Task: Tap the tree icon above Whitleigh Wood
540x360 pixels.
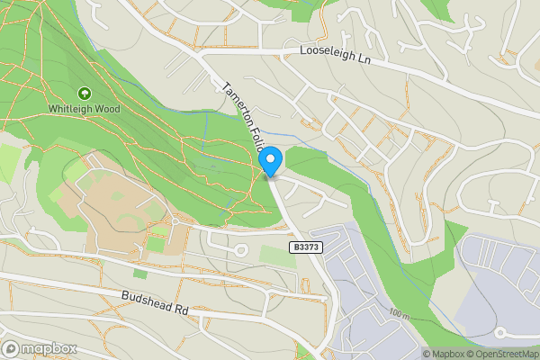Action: (85, 93)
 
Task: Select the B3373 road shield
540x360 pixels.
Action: (306, 246)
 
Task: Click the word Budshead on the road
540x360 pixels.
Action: (147, 300)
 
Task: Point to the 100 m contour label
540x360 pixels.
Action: (400, 315)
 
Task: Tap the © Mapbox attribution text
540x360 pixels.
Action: (444, 354)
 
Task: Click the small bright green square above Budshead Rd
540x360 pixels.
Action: (139, 273)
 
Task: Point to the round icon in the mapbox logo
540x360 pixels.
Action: (12, 348)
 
